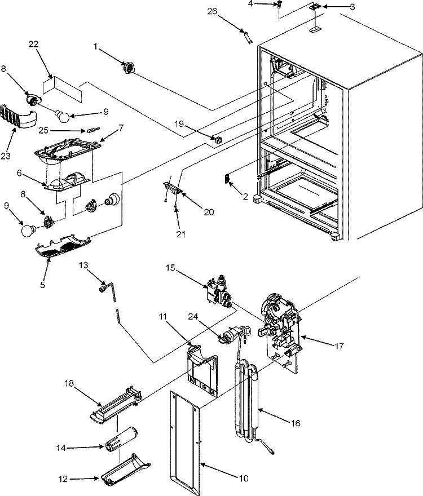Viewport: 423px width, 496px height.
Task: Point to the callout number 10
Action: pyautogui.click(x=244, y=479)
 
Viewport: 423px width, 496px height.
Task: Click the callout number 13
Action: pyautogui.click(x=83, y=264)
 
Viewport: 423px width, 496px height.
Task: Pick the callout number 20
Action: pyautogui.click(x=208, y=212)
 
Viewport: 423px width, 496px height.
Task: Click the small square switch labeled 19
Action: pyautogui.click(x=217, y=138)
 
